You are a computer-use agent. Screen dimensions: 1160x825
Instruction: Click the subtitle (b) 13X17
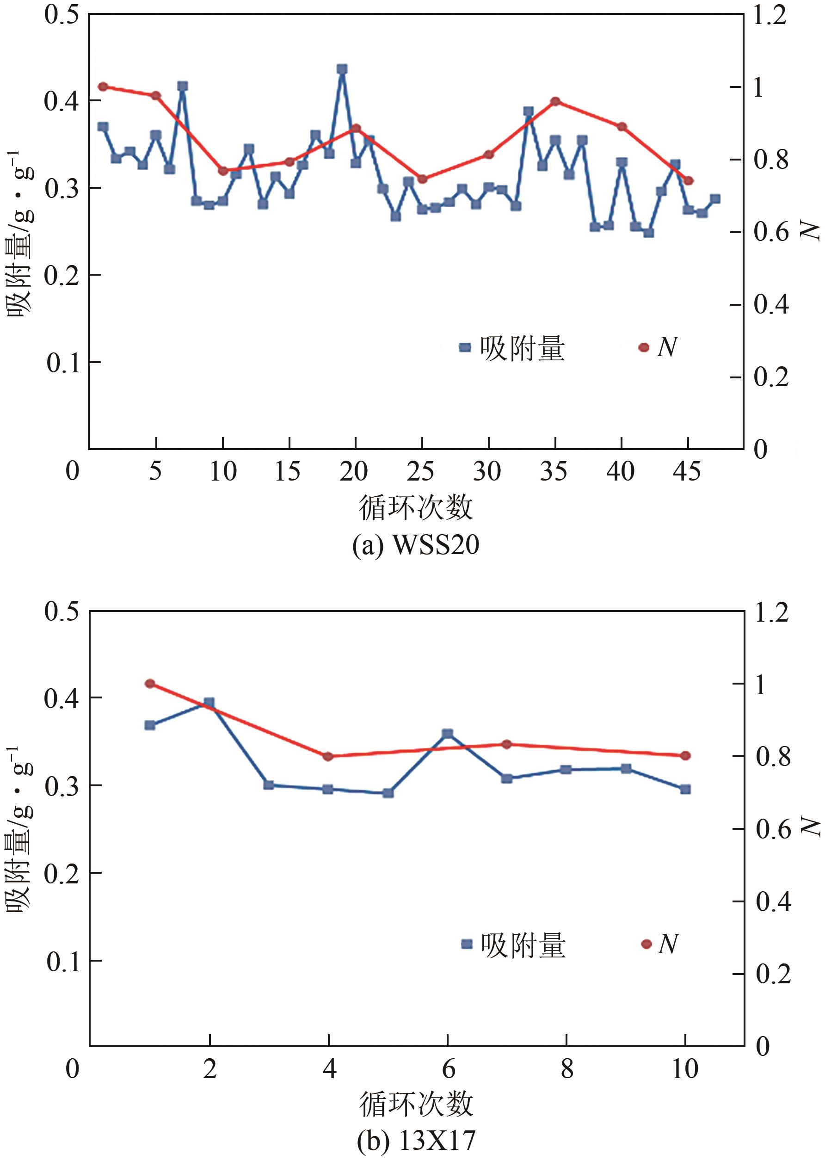416,1140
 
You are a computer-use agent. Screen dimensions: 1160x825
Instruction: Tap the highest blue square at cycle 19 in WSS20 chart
342,69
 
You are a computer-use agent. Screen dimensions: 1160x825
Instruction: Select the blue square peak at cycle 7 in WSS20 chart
182,86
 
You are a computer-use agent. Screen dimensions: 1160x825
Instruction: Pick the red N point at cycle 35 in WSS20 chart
555,101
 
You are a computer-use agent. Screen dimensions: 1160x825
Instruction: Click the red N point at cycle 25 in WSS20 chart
422,179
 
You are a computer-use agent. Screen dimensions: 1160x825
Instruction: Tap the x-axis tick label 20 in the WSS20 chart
354,471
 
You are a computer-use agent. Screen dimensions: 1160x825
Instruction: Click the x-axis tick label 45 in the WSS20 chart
687,471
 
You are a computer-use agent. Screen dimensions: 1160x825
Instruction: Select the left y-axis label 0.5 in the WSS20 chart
61,15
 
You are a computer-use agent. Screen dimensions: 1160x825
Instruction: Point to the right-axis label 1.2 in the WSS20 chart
769,15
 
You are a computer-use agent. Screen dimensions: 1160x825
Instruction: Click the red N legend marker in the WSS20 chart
644,347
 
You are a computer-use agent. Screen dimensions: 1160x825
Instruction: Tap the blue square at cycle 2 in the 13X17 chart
209,703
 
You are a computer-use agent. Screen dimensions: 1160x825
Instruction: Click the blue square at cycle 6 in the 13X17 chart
448,734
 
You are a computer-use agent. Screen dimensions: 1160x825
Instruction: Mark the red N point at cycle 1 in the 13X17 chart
150,684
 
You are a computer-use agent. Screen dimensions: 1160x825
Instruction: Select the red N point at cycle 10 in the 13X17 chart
685,756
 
